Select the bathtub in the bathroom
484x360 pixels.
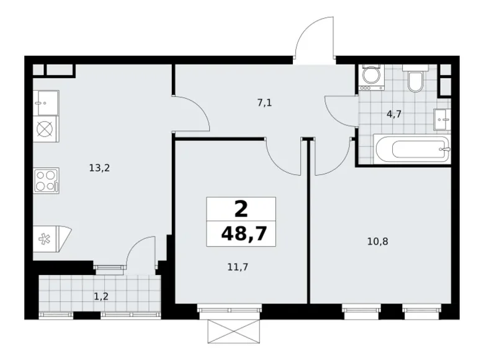coord(411,150)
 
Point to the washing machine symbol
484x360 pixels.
coord(372,77)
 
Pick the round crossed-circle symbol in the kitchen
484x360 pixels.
coord(46,130)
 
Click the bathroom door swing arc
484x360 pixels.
coord(340,112)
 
